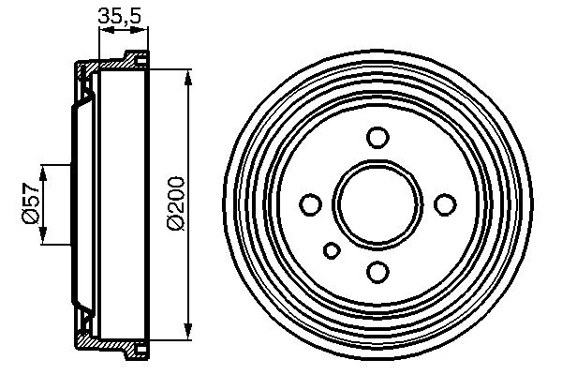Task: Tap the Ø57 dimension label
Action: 29,203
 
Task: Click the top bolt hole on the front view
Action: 377,138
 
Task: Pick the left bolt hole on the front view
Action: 310,203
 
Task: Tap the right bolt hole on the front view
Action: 445,203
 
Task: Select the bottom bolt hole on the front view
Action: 377,271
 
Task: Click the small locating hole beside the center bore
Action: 332,249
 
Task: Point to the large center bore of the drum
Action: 377,203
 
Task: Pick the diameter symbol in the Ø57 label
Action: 29,217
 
